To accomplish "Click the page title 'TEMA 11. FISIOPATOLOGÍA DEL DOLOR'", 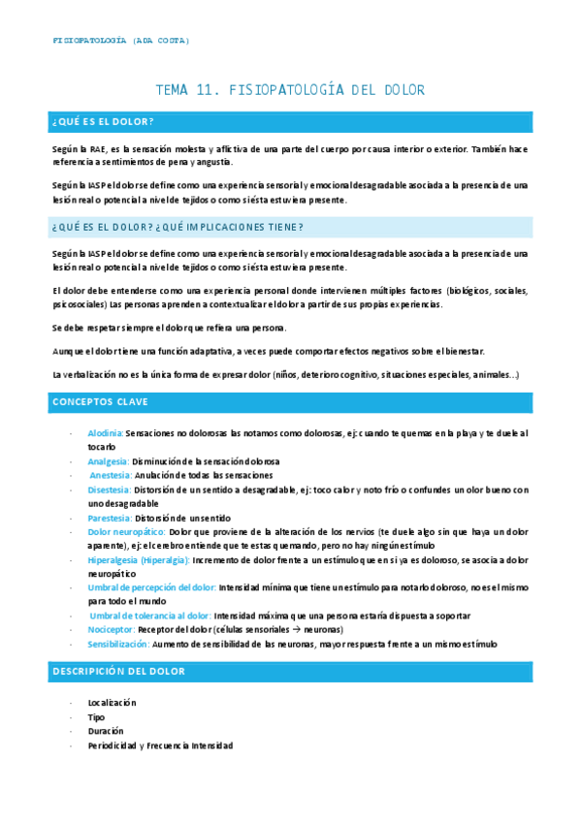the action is (x=290, y=90).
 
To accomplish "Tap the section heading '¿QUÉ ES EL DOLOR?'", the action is (x=104, y=121).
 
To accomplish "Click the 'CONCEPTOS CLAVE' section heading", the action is (x=100, y=400).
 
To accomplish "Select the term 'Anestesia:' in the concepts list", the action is (x=111, y=476).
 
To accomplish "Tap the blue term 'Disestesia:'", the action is (x=110, y=490).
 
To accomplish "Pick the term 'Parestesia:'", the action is (x=110, y=518).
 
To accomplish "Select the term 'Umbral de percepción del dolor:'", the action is (x=151, y=587).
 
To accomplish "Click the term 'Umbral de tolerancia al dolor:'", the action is (x=150, y=616).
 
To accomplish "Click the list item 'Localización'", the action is (x=112, y=702).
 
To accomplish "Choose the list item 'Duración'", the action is (x=105, y=731).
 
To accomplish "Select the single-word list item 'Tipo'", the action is (x=96, y=716).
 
